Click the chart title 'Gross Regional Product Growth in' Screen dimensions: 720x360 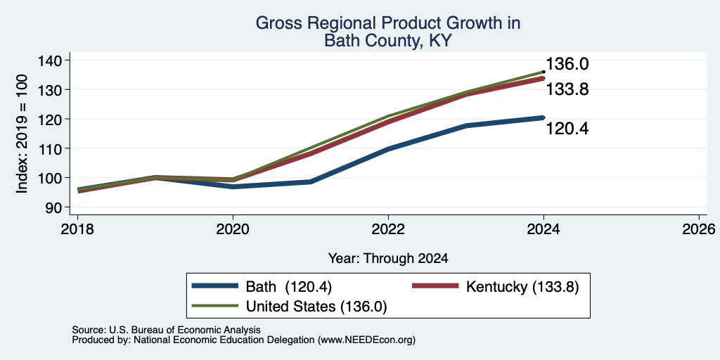click(x=387, y=23)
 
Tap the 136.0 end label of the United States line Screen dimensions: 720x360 click(x=567, y=64)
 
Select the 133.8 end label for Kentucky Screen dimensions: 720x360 click(x=567, y=89)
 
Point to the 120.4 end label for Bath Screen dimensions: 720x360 click(x=567, y=129)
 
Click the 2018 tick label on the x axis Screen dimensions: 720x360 click(x=77, y=229)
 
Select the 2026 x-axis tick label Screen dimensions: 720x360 click(x=699, y=229)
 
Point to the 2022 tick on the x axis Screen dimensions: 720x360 click(x=388, y=229)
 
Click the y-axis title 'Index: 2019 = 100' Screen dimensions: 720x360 click(x=22, y=134)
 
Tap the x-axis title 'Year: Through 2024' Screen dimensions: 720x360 click(x=388, y=259)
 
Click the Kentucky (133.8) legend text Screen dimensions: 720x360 click(x=522, y=287)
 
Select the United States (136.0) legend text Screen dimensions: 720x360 click(x=317, y=307)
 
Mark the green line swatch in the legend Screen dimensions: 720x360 click(x=215, y=306)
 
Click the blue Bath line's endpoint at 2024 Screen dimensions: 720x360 click(x=544, y=117)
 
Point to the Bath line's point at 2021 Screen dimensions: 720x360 click(x=311, y=182)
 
